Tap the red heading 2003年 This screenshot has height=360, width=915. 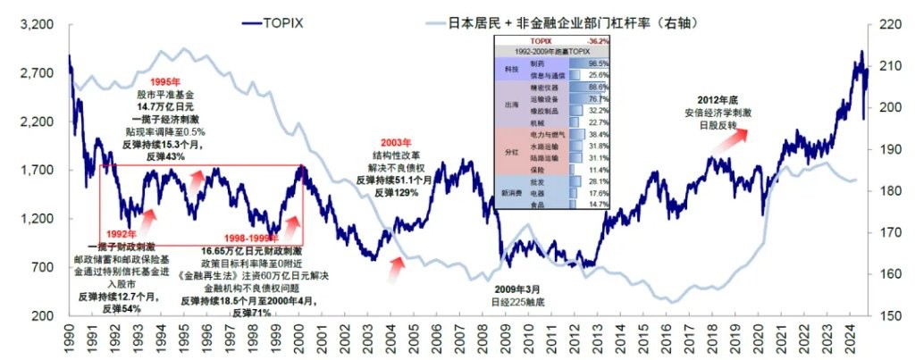[x=395, y=142]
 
